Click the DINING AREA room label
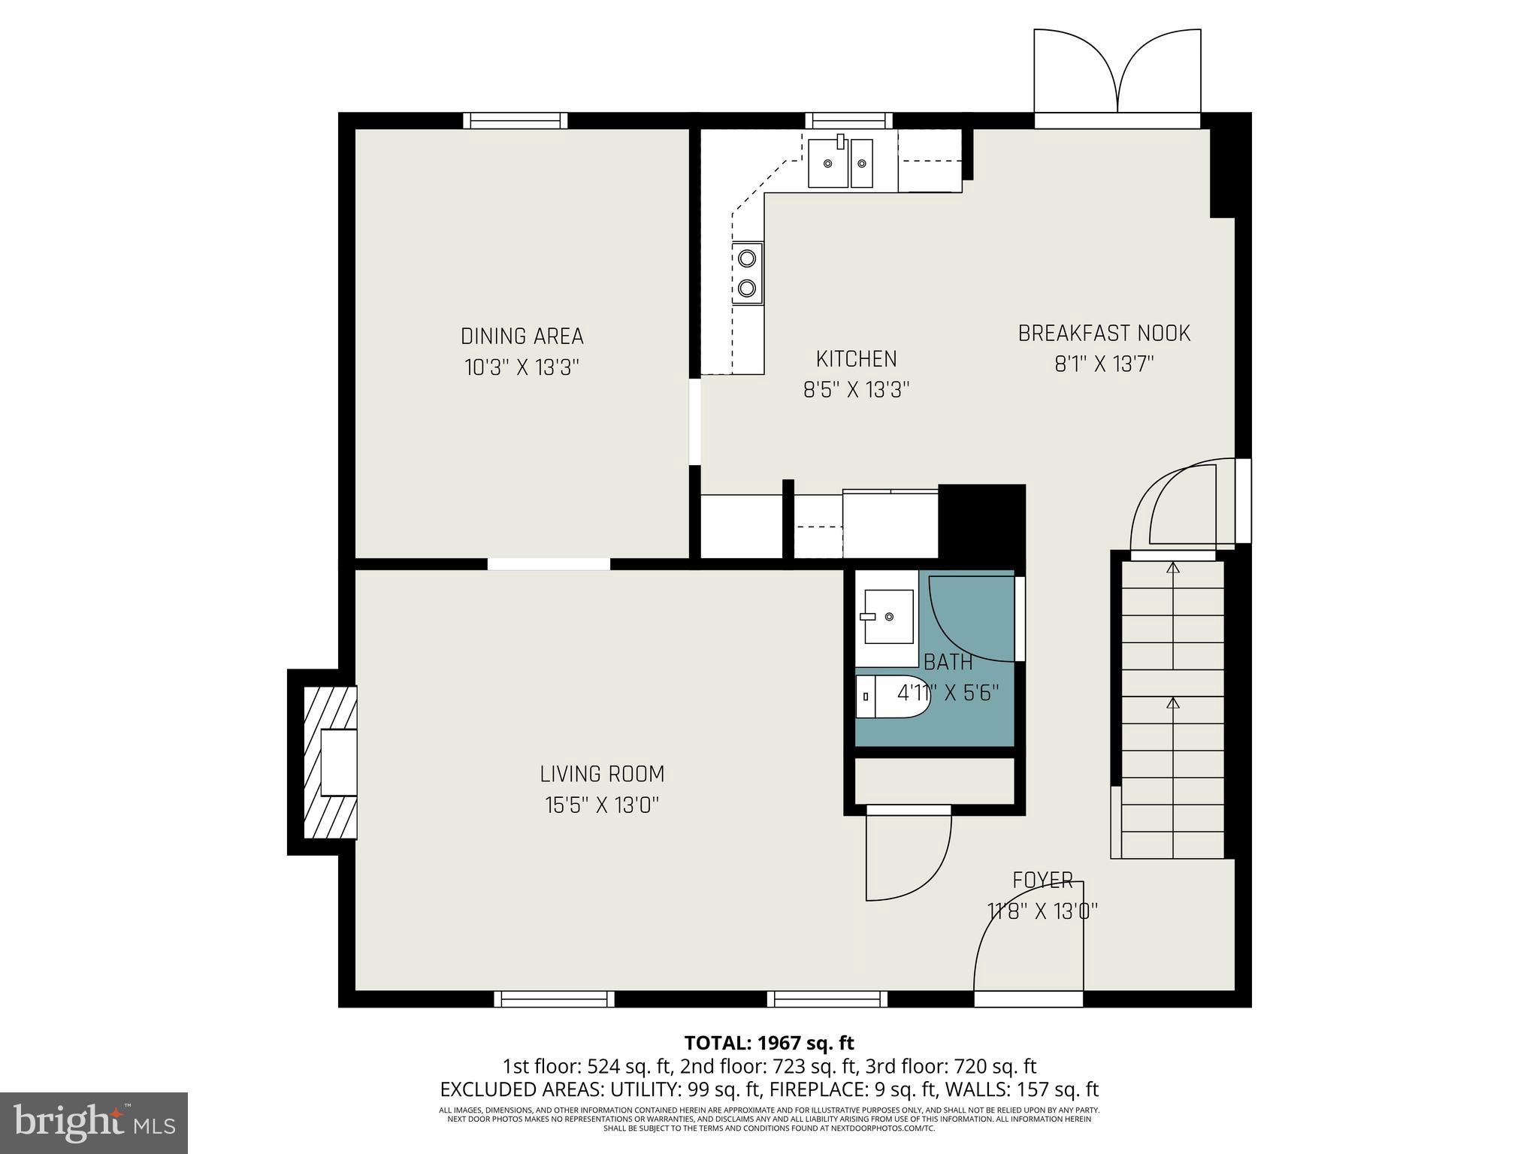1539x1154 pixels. click(x=522, y=336)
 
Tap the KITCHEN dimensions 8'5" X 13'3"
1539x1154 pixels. click(x=857, y=391)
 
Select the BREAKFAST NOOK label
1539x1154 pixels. click(x=1104, y=334)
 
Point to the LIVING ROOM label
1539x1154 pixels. click(x=602, y=774)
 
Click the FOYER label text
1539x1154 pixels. click(x=1042, y=880)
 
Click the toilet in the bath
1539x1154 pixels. click(x=891, y=696)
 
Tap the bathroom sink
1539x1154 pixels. click(x=888, y=617)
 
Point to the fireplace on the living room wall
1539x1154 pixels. click(x=329, y=762)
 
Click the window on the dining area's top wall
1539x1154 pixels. click(x=515, y=120)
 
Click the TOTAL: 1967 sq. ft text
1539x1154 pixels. click(x=769, y=1043)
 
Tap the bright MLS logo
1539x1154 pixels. click(x=94, y=1122)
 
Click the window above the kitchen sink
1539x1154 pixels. click(x=849, y=120)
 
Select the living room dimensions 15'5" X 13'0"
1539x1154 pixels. click(x=602, y=805)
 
